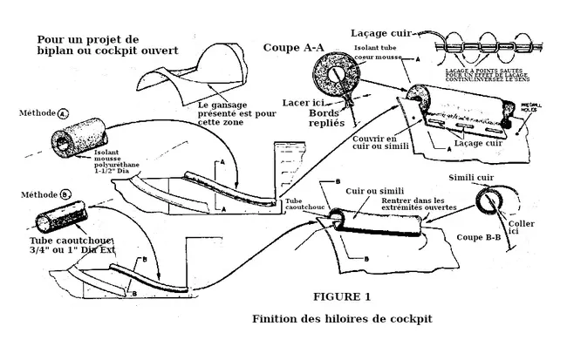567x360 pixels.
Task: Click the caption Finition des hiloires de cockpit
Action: tap(341, 318)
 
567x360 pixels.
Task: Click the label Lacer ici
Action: tap(304, 103)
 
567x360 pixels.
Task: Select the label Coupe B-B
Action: tap(483, 236)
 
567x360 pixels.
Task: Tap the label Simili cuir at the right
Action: tap(474, 176)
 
